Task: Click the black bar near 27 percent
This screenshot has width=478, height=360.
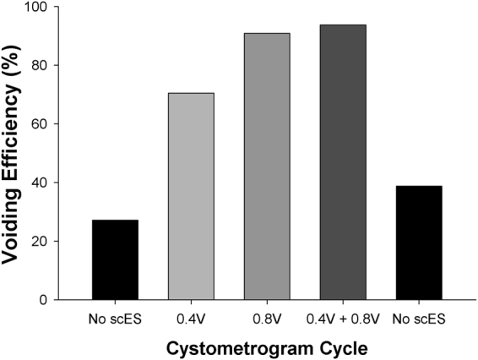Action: (115, 259)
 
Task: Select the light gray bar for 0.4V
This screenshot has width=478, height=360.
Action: (191, 196)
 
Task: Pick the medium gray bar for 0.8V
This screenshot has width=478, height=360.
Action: (267, 166)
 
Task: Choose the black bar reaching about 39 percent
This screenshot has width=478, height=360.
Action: (419, 243)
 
